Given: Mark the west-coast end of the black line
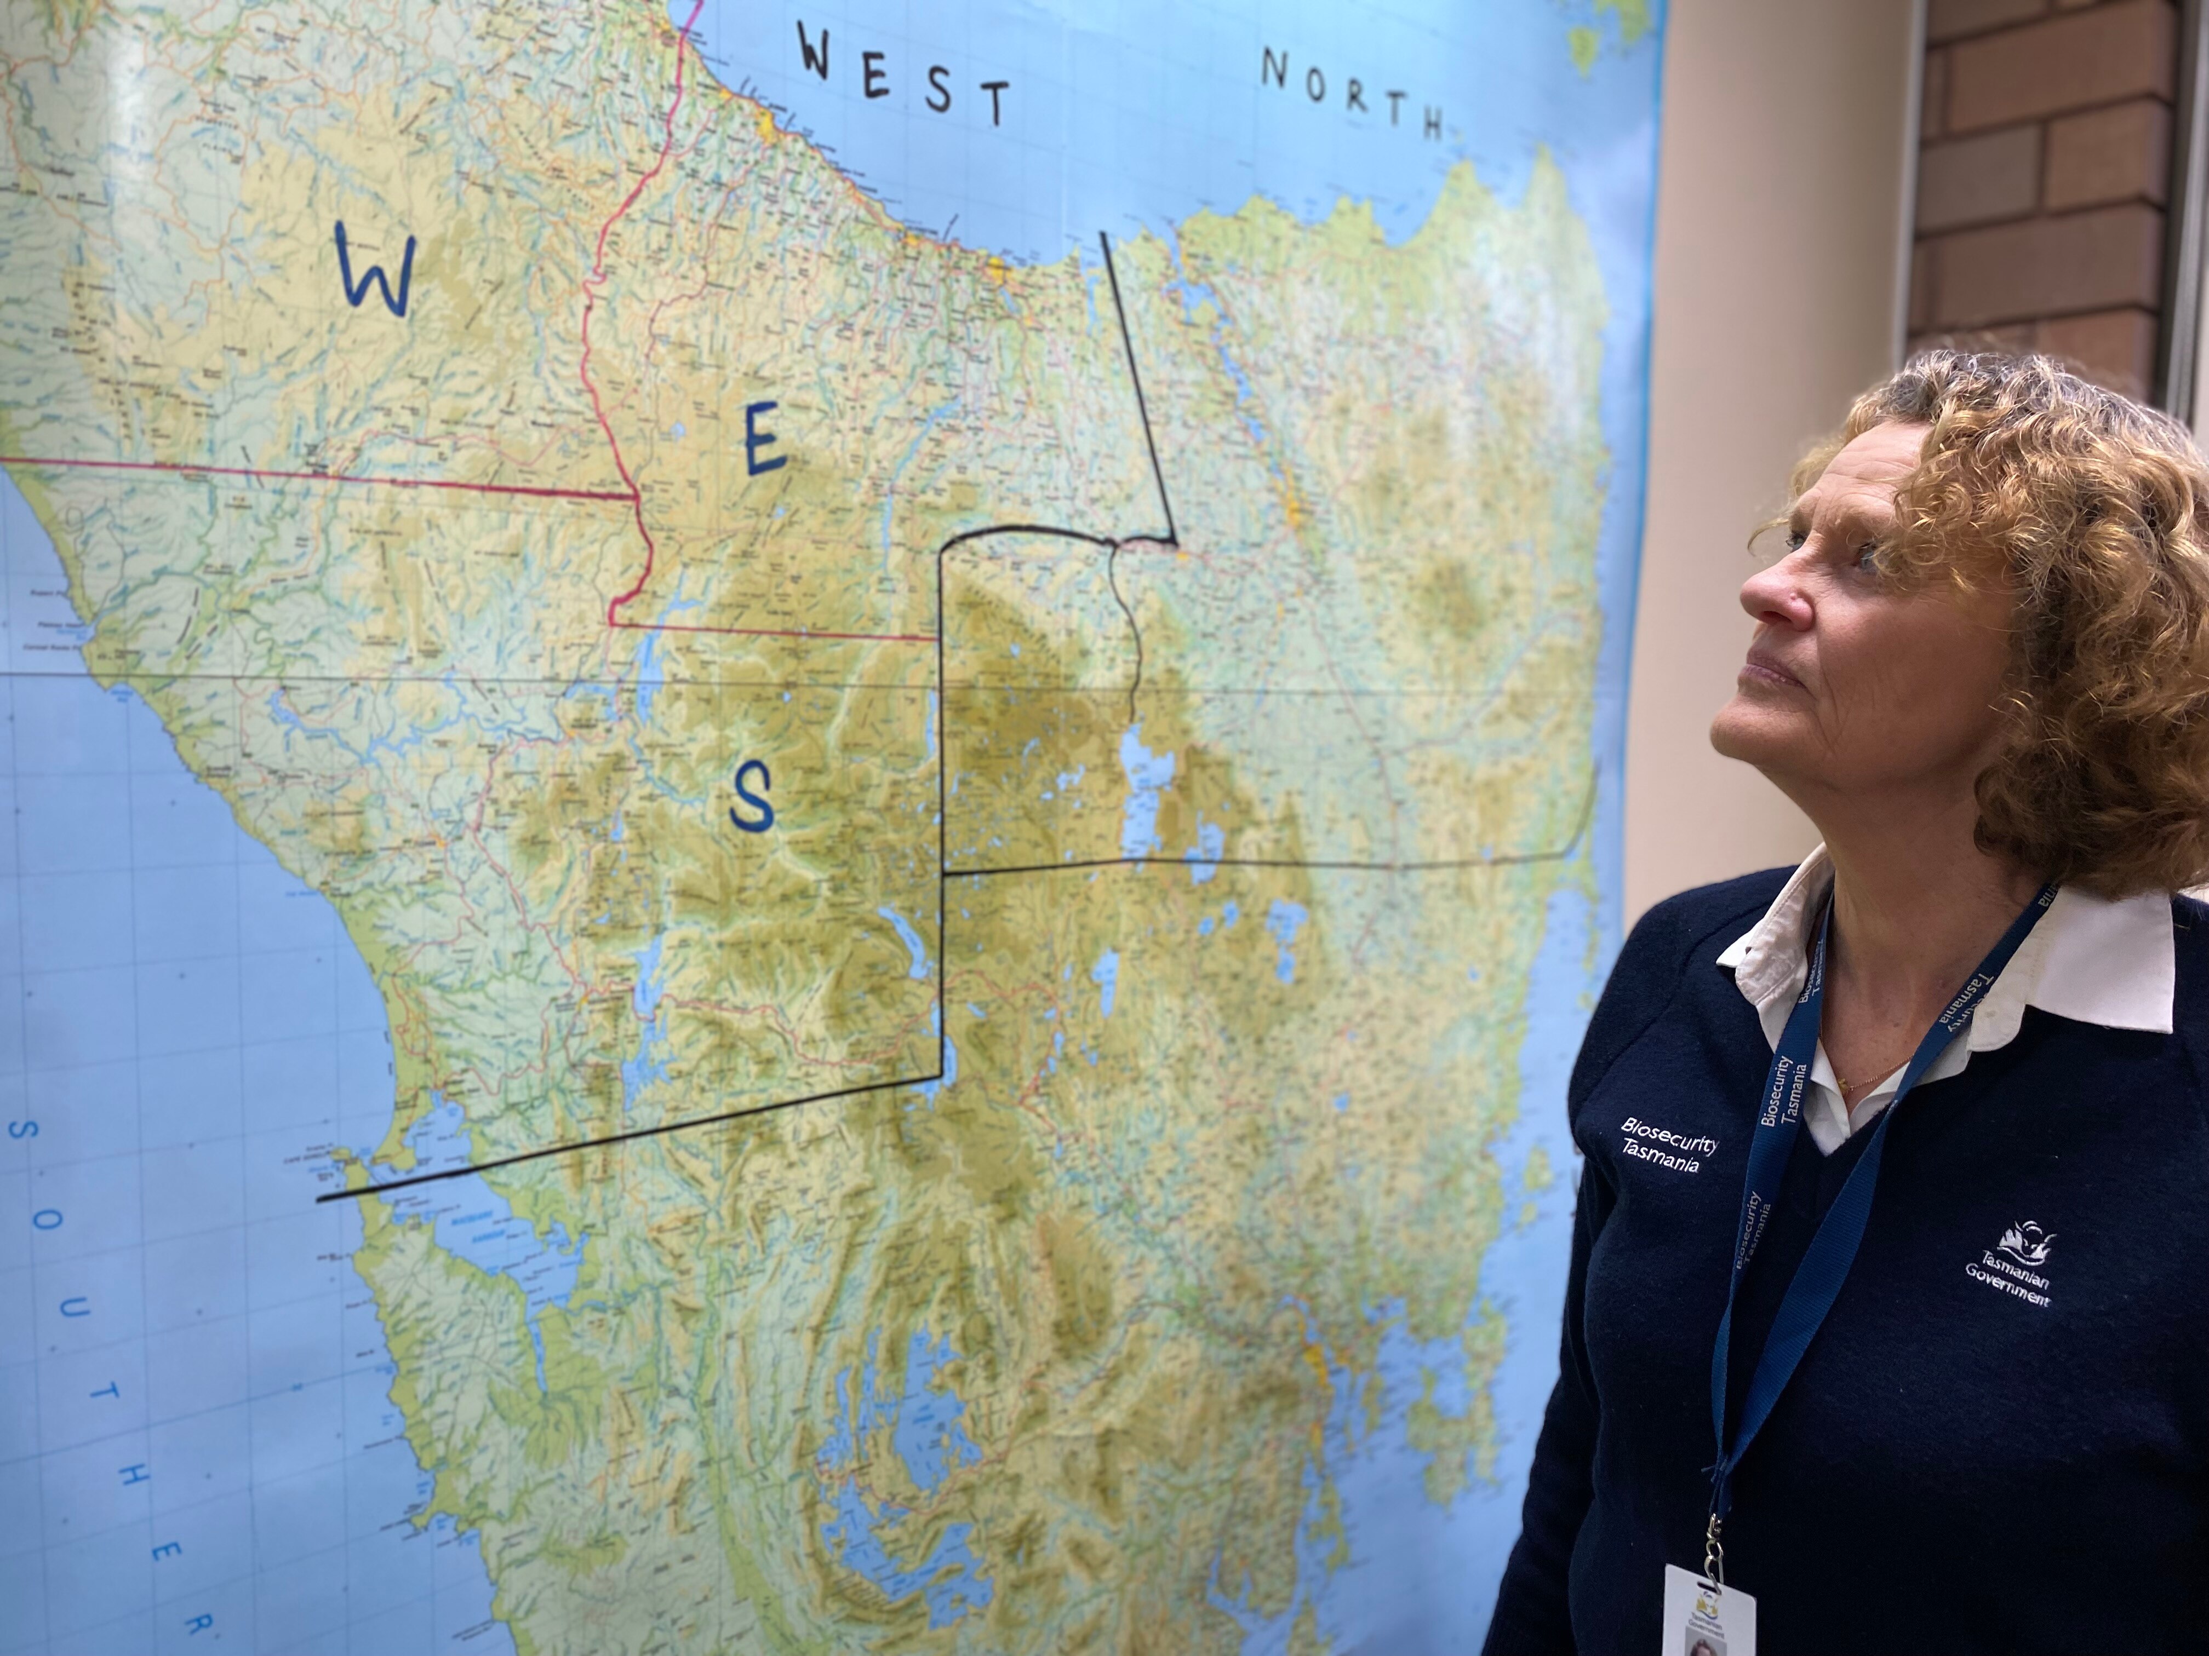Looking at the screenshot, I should (319, 1198).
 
